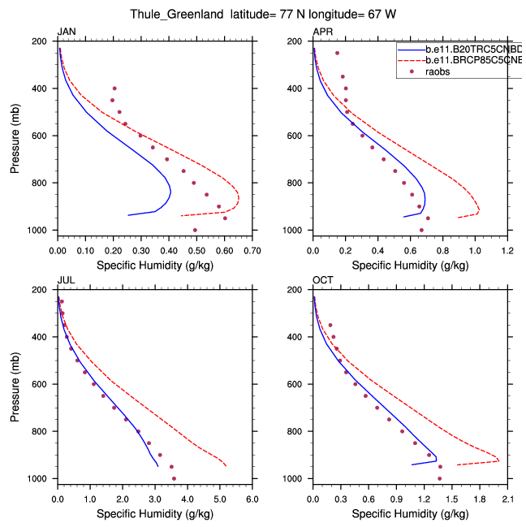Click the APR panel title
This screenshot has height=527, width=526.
pos(321,32)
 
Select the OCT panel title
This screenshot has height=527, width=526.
pos(321,280)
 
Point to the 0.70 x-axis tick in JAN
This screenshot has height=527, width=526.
pos(252,241)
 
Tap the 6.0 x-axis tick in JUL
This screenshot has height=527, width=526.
pos(252,490)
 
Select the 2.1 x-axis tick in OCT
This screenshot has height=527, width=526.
pos(507,490)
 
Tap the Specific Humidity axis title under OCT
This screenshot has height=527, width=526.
pos(410,513)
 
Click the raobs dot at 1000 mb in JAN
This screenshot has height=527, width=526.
pos(196,230)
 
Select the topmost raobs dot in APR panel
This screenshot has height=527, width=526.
pos(337,53)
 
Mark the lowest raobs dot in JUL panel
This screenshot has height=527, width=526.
pos(174,478)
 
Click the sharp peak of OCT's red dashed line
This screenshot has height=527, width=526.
pos(498,460)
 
